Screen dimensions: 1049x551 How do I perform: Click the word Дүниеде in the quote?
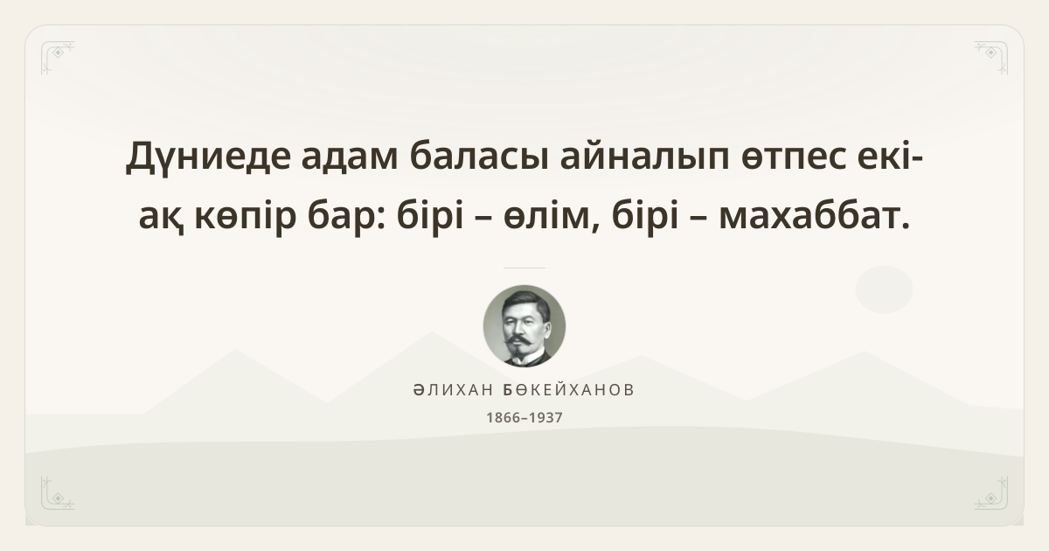(x=208, y=156)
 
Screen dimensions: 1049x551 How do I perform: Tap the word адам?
(x=350, y=156)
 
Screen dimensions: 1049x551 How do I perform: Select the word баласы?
(x=479, y=156)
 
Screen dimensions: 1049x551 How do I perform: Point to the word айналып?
(x=645, y=156)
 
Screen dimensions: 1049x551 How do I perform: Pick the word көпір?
(x=246, y=216)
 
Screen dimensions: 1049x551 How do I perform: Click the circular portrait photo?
(x=524, y=326)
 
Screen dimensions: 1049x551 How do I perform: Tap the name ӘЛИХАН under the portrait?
(x=454, y=390)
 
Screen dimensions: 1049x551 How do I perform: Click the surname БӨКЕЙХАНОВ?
(x=568, y=390)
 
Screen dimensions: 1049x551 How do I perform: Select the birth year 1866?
(x=503, y=417)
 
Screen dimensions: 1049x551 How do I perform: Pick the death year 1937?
(x=545, y=417)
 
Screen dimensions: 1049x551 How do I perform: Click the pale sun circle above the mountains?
(x=884, y=289)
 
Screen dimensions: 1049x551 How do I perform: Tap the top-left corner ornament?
(x=58, y=58)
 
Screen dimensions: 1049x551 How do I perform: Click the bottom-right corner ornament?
(x=991, y=493)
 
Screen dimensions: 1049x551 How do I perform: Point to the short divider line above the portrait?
(x=524, y=268)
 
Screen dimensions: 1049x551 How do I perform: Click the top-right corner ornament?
(x=991, y=58)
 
